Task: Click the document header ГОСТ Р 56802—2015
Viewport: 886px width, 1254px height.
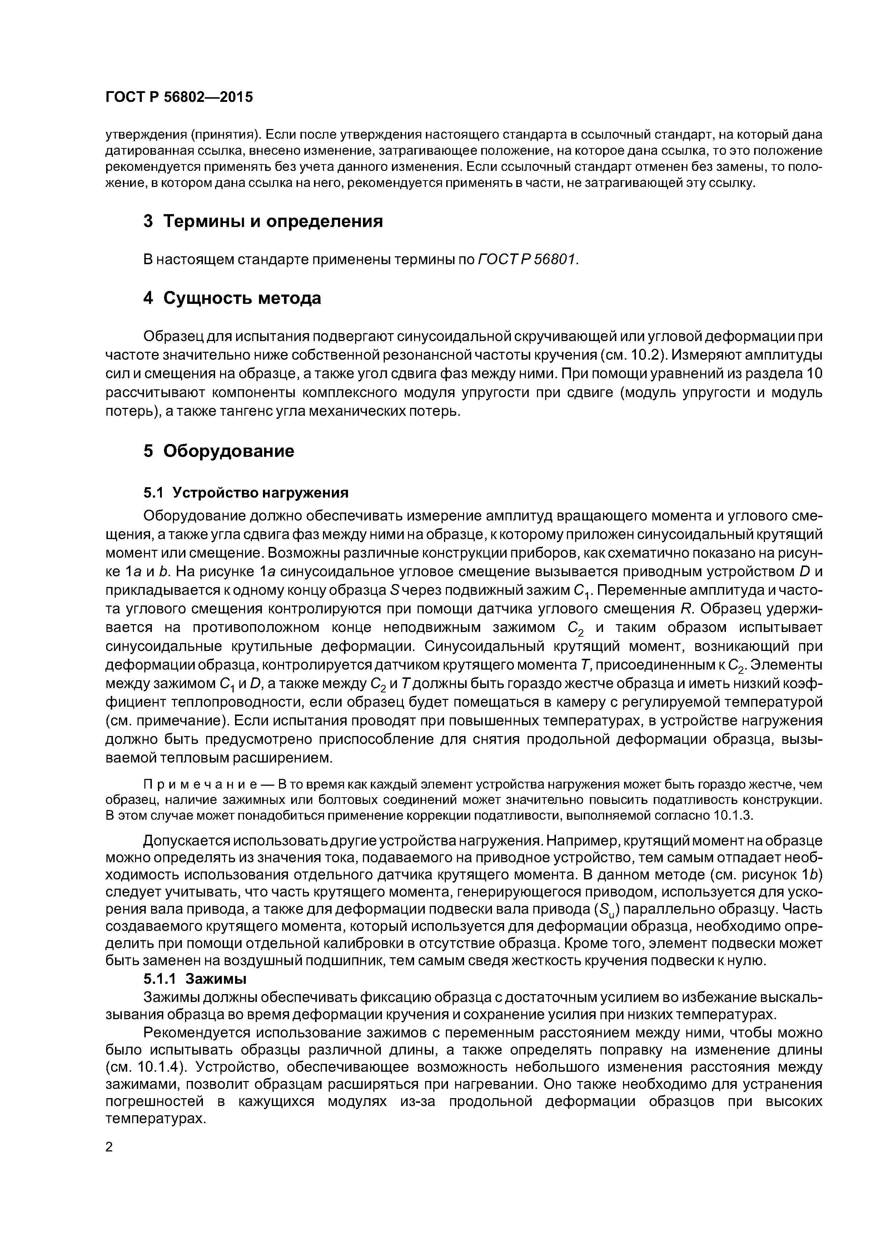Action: click(179, 97)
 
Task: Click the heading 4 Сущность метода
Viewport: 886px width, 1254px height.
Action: click(232, 298)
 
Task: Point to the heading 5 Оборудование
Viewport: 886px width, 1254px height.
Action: click(218, 451)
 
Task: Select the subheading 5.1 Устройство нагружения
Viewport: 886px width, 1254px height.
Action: click(246, 493)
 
